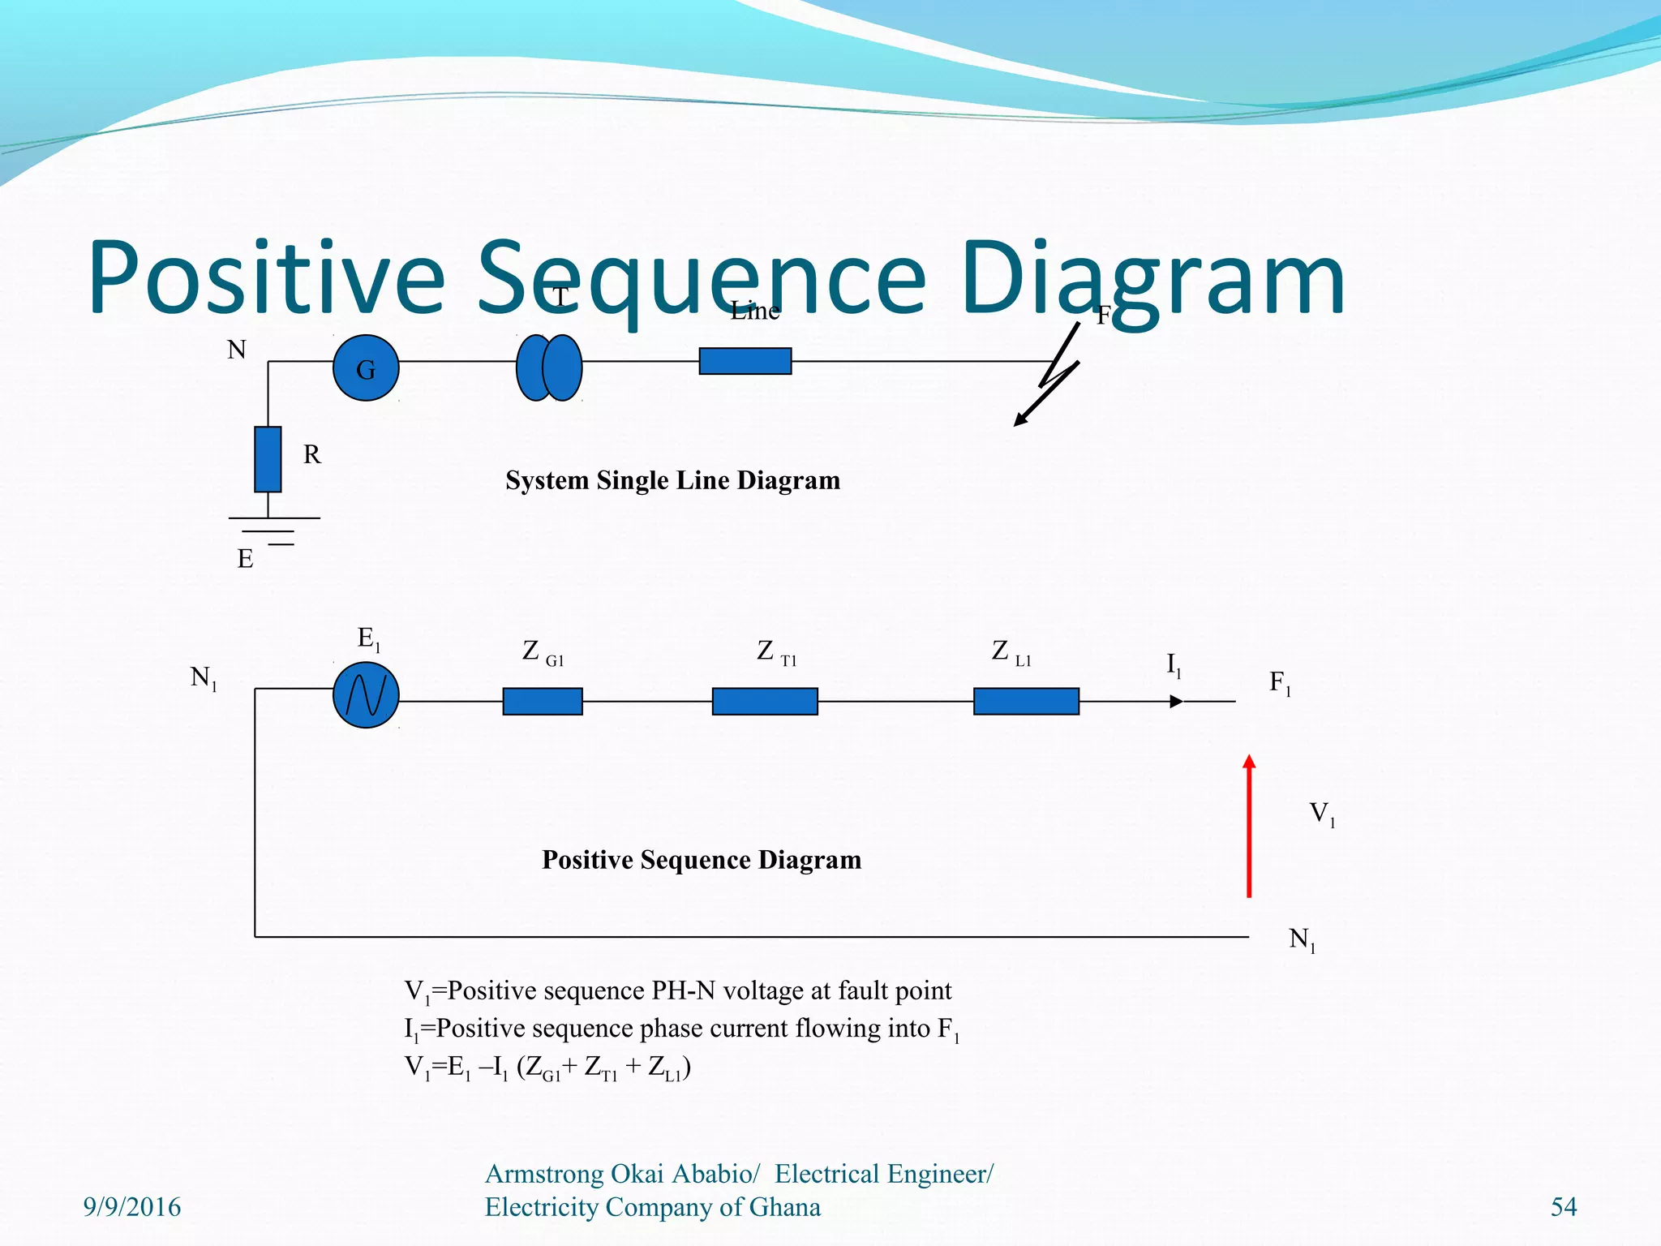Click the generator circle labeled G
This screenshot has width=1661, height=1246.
click(x=366, y=368)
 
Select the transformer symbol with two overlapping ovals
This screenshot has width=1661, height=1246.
click(x=549, y=368)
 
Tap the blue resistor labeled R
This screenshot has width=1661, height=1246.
click(x=268, y=459)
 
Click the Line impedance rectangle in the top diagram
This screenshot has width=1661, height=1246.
click(x=745, y=361)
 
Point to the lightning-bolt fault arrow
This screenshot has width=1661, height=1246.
click(x=1051, y=380)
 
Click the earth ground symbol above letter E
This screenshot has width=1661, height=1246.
click(x=274, y=531)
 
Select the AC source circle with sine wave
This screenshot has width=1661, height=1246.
click(x=366, y=695)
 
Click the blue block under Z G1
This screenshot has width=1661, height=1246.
click(x=543, y=701)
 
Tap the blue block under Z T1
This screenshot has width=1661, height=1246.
click(x=765, y=701)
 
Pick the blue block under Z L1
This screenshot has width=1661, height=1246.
click(x=1026, y=701)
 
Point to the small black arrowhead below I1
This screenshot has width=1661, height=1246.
click(x=1176, y=702)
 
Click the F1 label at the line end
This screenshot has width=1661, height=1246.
click(x=1280, y=683)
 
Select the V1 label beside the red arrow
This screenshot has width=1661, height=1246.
click(x=1322, y=814)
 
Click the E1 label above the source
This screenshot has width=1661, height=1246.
click(x=368, y=639)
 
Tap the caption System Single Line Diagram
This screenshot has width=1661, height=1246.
click(x=672, y=480)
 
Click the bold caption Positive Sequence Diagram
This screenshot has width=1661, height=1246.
click(x=702, y=860)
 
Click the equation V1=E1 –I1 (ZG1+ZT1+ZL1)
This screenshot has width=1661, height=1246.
click(x=547, y=1068)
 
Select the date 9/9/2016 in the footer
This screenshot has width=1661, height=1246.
click(x=132, y=1207)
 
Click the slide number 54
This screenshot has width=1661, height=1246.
click(x=1564, y=1207)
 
